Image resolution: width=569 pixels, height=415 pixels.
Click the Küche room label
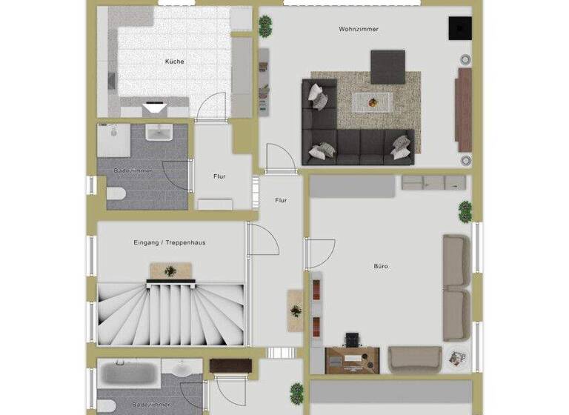point(175,62)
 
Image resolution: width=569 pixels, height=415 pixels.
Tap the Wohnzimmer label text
point(359,30)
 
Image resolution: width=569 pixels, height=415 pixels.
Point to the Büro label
point(382,266)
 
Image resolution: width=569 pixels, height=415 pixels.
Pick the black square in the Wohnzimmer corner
point(459,28)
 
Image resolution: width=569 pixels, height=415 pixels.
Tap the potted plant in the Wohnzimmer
point(265,24)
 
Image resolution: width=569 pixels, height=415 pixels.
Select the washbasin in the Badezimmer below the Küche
point(159,132)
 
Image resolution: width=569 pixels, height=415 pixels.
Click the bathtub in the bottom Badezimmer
point(127,373)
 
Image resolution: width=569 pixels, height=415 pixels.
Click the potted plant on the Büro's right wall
point(465,210)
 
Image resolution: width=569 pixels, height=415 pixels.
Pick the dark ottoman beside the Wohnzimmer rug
point(387,66)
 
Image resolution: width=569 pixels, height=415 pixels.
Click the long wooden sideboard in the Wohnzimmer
point(464,109)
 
